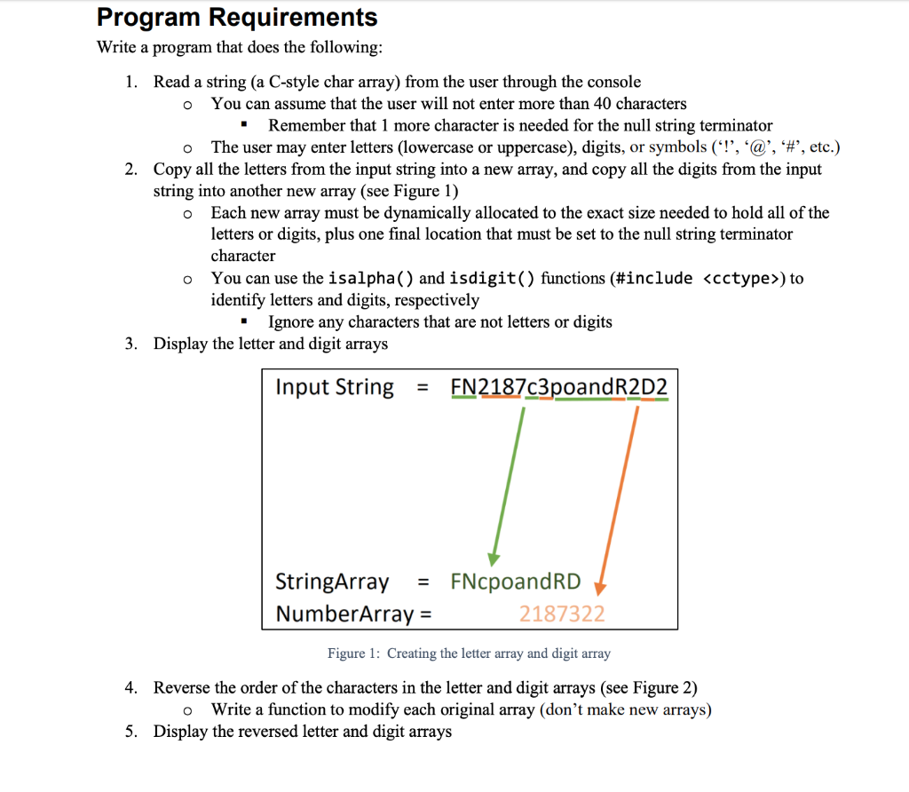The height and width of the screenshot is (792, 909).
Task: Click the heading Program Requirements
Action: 237,17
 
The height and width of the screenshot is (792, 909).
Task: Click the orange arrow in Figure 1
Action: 619,497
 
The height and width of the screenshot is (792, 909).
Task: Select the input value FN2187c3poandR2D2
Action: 559,388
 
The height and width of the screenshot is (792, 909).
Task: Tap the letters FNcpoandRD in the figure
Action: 515,582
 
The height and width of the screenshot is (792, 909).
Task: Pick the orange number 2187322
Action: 562,614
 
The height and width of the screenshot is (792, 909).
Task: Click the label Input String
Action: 335,387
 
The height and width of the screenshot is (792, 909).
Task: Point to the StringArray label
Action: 332,582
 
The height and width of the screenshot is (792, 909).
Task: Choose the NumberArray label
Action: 344,614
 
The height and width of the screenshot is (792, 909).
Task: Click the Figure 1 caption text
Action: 469,653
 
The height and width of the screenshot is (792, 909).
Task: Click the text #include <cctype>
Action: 699,279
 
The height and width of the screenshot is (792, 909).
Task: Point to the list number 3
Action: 131,344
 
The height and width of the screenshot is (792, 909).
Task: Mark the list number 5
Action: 131,732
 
